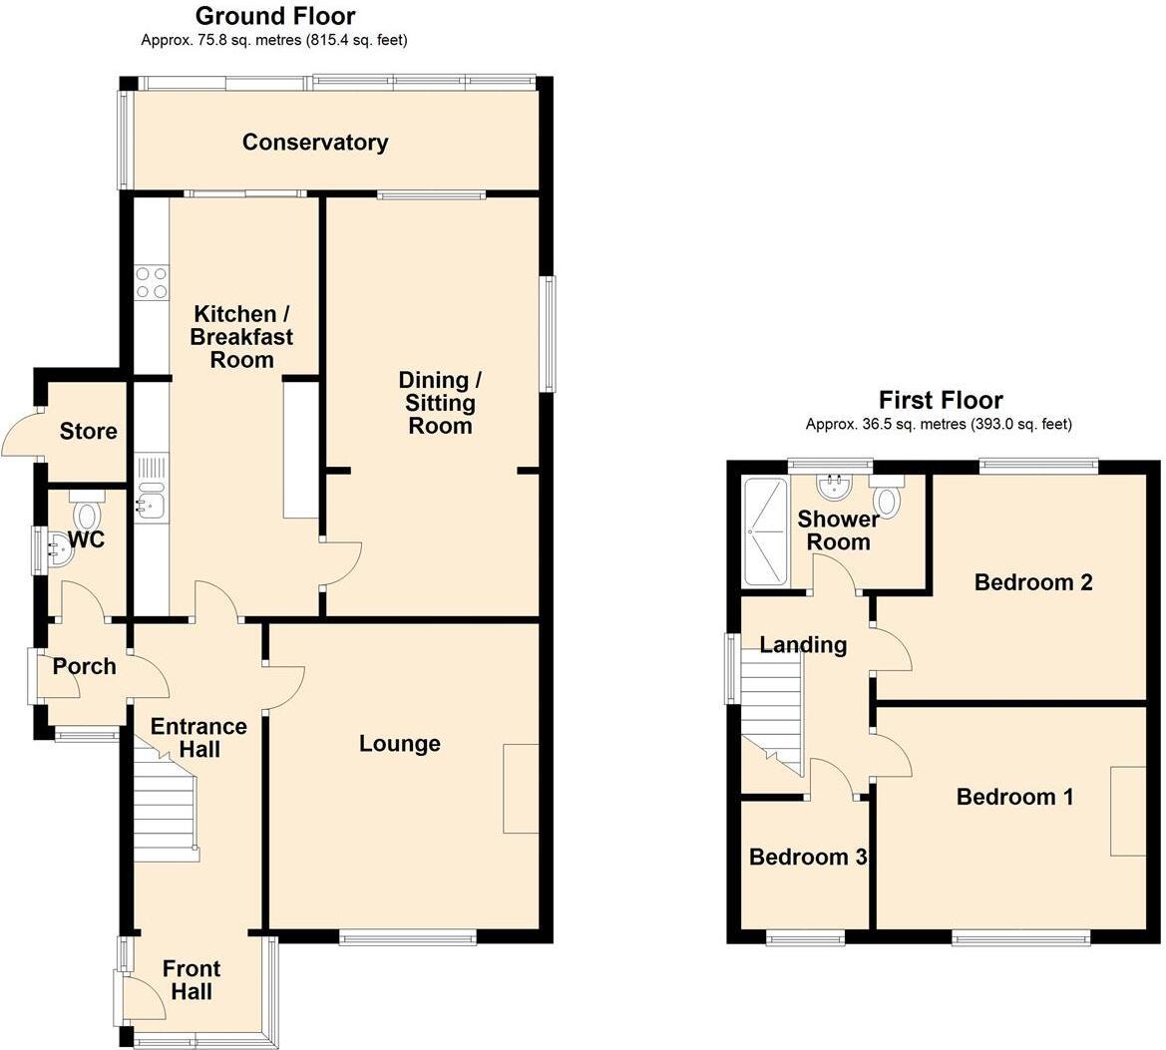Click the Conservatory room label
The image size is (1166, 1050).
coord(315,143)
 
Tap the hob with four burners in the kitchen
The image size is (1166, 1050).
coord(151,282)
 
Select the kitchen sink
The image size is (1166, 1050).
coord(151,497)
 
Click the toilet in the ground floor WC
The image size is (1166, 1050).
coord(89,514)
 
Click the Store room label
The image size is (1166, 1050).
coord(88,432)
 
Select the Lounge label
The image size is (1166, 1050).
coord(399,744)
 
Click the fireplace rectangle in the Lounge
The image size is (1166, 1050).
coord(521,788)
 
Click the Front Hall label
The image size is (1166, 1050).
coord(191,980)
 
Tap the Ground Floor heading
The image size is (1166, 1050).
coord(274,16)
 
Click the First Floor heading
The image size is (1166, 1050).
coord(940,401)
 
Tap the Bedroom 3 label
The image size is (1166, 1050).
coord(807,858)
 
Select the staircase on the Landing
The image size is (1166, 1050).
coord(773,713)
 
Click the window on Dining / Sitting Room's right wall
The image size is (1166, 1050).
coord(549,333)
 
